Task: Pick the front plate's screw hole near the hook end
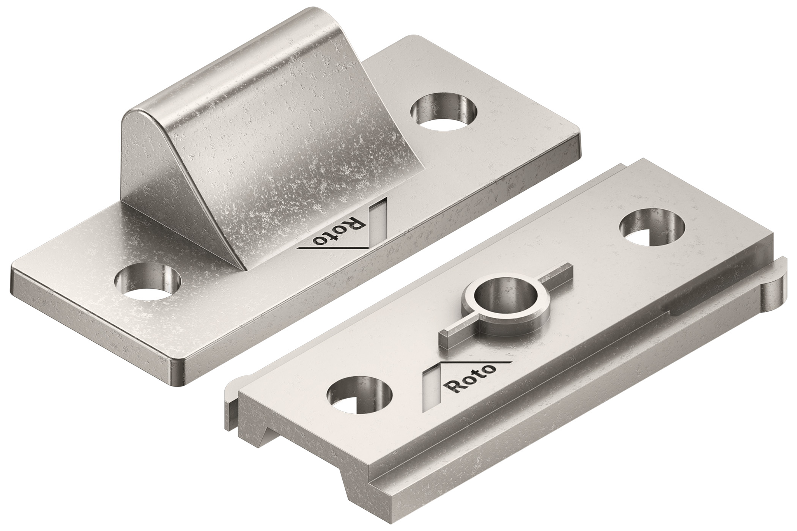[652, 228]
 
